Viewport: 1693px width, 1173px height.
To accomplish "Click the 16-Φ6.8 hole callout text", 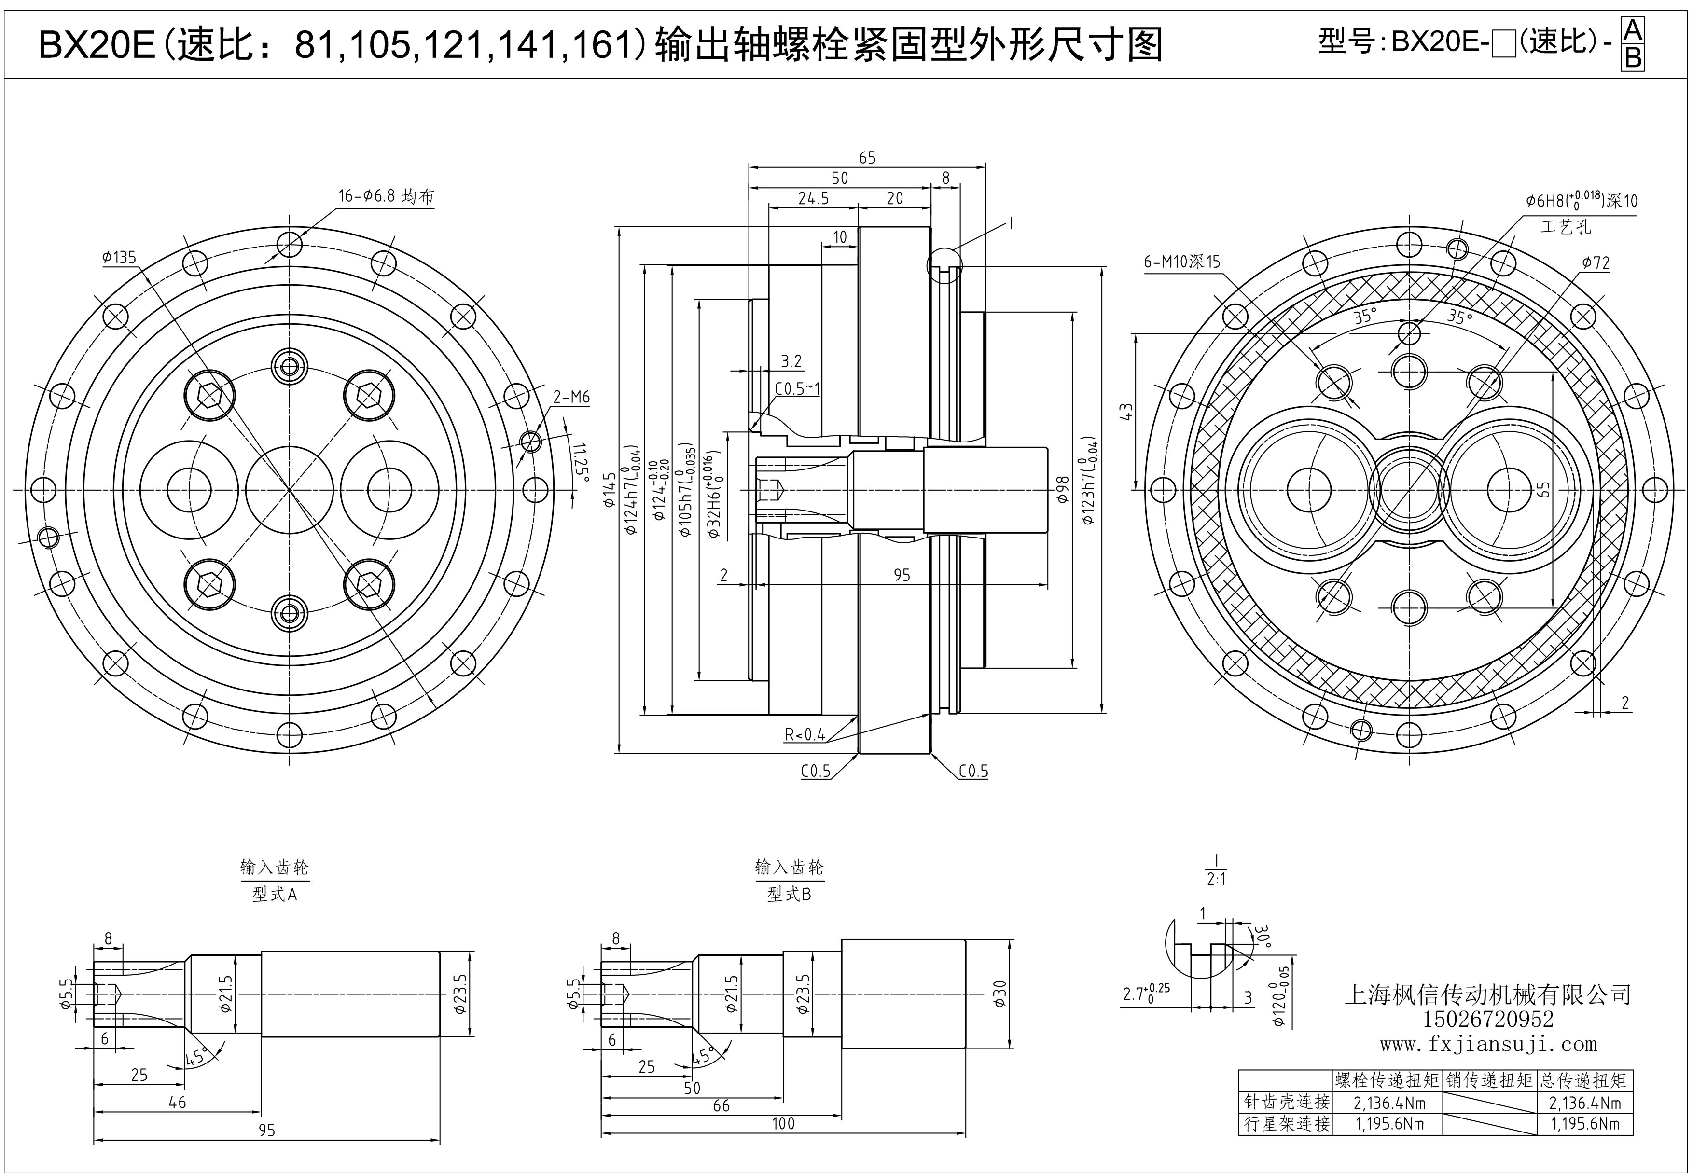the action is point(386,196).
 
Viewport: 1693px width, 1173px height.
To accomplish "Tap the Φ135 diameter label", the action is point(119,257).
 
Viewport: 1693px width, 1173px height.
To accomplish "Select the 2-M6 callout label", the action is point(571,398).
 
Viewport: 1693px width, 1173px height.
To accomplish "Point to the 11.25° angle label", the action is point(580,462).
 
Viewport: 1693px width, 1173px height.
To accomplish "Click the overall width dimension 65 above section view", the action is point(867,158).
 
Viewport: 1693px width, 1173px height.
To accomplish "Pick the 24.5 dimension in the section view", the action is point(813,198).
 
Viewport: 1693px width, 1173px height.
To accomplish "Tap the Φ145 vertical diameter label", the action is point(610,489).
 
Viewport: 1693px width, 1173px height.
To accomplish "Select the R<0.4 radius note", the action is point(805,734).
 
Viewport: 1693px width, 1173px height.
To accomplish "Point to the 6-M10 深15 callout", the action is point(1181,262).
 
